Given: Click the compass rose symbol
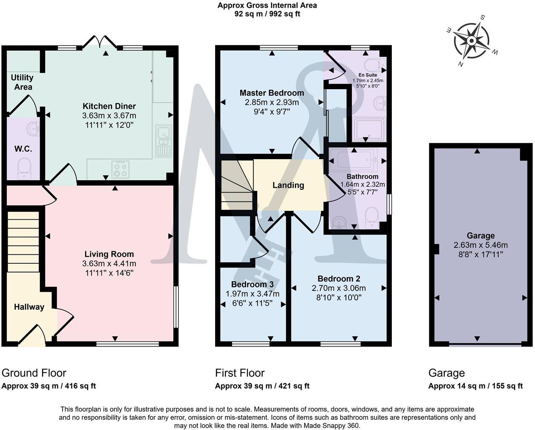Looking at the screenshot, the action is (472, 41).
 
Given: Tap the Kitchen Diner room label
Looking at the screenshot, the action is (109, 106).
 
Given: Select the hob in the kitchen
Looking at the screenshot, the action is (120, 169).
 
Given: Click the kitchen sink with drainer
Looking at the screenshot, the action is (164, 141).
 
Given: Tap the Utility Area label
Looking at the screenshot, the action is (22, 82).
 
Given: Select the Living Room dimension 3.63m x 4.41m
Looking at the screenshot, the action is (109, 264).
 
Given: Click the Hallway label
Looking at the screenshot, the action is (29, 307).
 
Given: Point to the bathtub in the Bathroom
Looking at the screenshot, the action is (354, 160).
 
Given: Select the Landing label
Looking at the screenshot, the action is (288, 185).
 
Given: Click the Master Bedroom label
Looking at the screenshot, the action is (272, 93).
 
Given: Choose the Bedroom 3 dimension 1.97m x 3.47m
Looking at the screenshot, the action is (252, 294).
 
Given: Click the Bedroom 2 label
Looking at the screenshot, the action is (339, 279).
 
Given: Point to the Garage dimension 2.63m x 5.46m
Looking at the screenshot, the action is (480, 245).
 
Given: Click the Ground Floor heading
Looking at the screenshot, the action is (34, 373).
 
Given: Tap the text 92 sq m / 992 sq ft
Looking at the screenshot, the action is (267, 14).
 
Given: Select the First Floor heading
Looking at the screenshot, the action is (240, 373).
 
